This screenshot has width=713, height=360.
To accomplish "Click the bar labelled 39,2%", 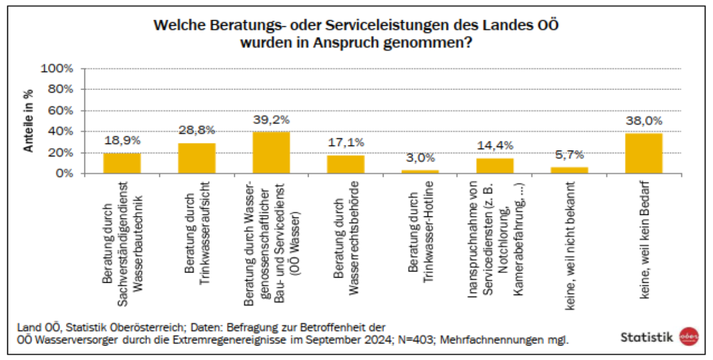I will click(x=271, y=153).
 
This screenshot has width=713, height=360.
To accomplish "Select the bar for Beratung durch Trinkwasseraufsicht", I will click(x=197, y=158).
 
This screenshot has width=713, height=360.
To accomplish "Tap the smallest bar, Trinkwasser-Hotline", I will click(x=420, y=172).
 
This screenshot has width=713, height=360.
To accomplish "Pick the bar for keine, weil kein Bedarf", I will click(x=644, y=153).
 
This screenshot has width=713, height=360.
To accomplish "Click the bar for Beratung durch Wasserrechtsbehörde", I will click(x=346, y=164).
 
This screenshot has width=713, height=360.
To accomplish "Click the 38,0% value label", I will click(x=644, y=121).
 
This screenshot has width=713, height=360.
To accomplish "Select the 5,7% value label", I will click(x=569, y=155).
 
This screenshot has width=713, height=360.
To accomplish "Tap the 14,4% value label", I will click(x=495, y=146).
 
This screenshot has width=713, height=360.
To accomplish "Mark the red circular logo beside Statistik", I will click(x=689, y=336).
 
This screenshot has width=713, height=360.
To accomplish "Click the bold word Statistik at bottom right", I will click(x=647, y=337).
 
